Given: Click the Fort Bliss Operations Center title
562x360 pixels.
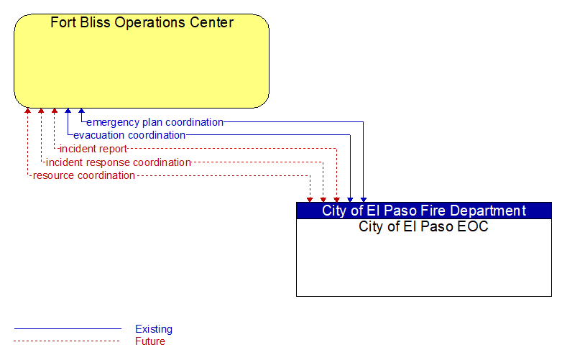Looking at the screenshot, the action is (142, 22).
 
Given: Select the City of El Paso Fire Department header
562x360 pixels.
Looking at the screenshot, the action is (423, 211).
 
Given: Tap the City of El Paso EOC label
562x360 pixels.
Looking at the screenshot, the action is (423, 226).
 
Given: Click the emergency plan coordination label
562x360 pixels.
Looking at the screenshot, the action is (155, 122).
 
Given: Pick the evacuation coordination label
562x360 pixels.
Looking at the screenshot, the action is (129, 135).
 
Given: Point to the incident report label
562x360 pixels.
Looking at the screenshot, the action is (93, 149).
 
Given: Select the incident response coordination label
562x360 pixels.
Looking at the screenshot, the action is (119, 162).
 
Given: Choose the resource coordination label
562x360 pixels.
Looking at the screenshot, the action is (84, 175).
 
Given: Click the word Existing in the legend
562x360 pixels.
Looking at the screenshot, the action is (154, 329).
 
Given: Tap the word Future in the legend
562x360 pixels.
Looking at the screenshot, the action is (150, 341).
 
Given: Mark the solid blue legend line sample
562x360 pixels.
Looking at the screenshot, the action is (68, 328).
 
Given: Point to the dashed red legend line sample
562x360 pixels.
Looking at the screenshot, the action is (67, 341).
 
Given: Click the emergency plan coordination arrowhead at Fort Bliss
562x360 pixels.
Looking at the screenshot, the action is (81, 111).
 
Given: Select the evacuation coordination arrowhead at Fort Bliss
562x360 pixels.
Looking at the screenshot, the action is (68, 111).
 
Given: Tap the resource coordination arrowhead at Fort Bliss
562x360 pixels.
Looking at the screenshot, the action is (27, 111).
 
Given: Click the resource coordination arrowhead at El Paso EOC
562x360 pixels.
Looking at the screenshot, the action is (310, 200).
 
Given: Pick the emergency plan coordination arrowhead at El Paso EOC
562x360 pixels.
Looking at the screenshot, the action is (364, 200).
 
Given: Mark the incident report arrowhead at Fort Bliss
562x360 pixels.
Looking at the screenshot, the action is (55, 111).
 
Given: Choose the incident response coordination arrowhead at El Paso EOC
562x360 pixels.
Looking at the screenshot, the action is (323, 200).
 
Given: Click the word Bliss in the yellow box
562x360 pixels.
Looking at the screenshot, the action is (96, 22).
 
